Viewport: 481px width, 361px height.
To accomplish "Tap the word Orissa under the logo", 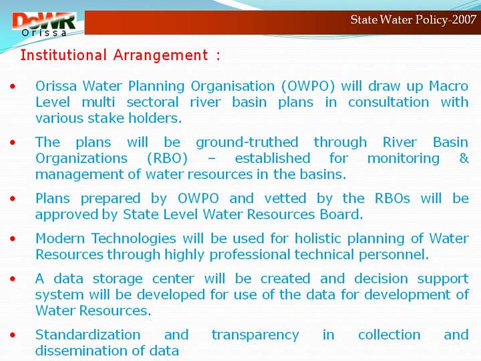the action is click(44, 33).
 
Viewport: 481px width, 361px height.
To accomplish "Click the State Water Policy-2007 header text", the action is click(413, 20).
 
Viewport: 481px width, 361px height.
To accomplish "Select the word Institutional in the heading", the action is click(63, 55).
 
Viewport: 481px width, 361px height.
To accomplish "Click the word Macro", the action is click(448, 86).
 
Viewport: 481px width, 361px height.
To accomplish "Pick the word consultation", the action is click(388, 102).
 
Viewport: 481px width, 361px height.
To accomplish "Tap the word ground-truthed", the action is click(247, 142).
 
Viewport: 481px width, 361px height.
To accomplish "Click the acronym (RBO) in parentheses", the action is click(167, 158).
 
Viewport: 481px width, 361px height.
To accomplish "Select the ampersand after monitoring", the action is click(464, 158).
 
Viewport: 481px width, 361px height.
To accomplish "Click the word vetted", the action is click(285, 199).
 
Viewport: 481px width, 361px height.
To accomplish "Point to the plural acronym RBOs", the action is click(392, 199).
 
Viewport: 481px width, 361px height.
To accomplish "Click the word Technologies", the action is click(134, 239).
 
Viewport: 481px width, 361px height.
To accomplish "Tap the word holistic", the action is click(318, 239).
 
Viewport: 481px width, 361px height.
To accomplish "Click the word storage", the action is click(118, 279).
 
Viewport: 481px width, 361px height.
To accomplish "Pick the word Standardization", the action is click(88, 335).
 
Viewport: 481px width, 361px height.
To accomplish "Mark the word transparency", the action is click(255, 335).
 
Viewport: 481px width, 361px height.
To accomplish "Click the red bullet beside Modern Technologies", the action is click(13, 239).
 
